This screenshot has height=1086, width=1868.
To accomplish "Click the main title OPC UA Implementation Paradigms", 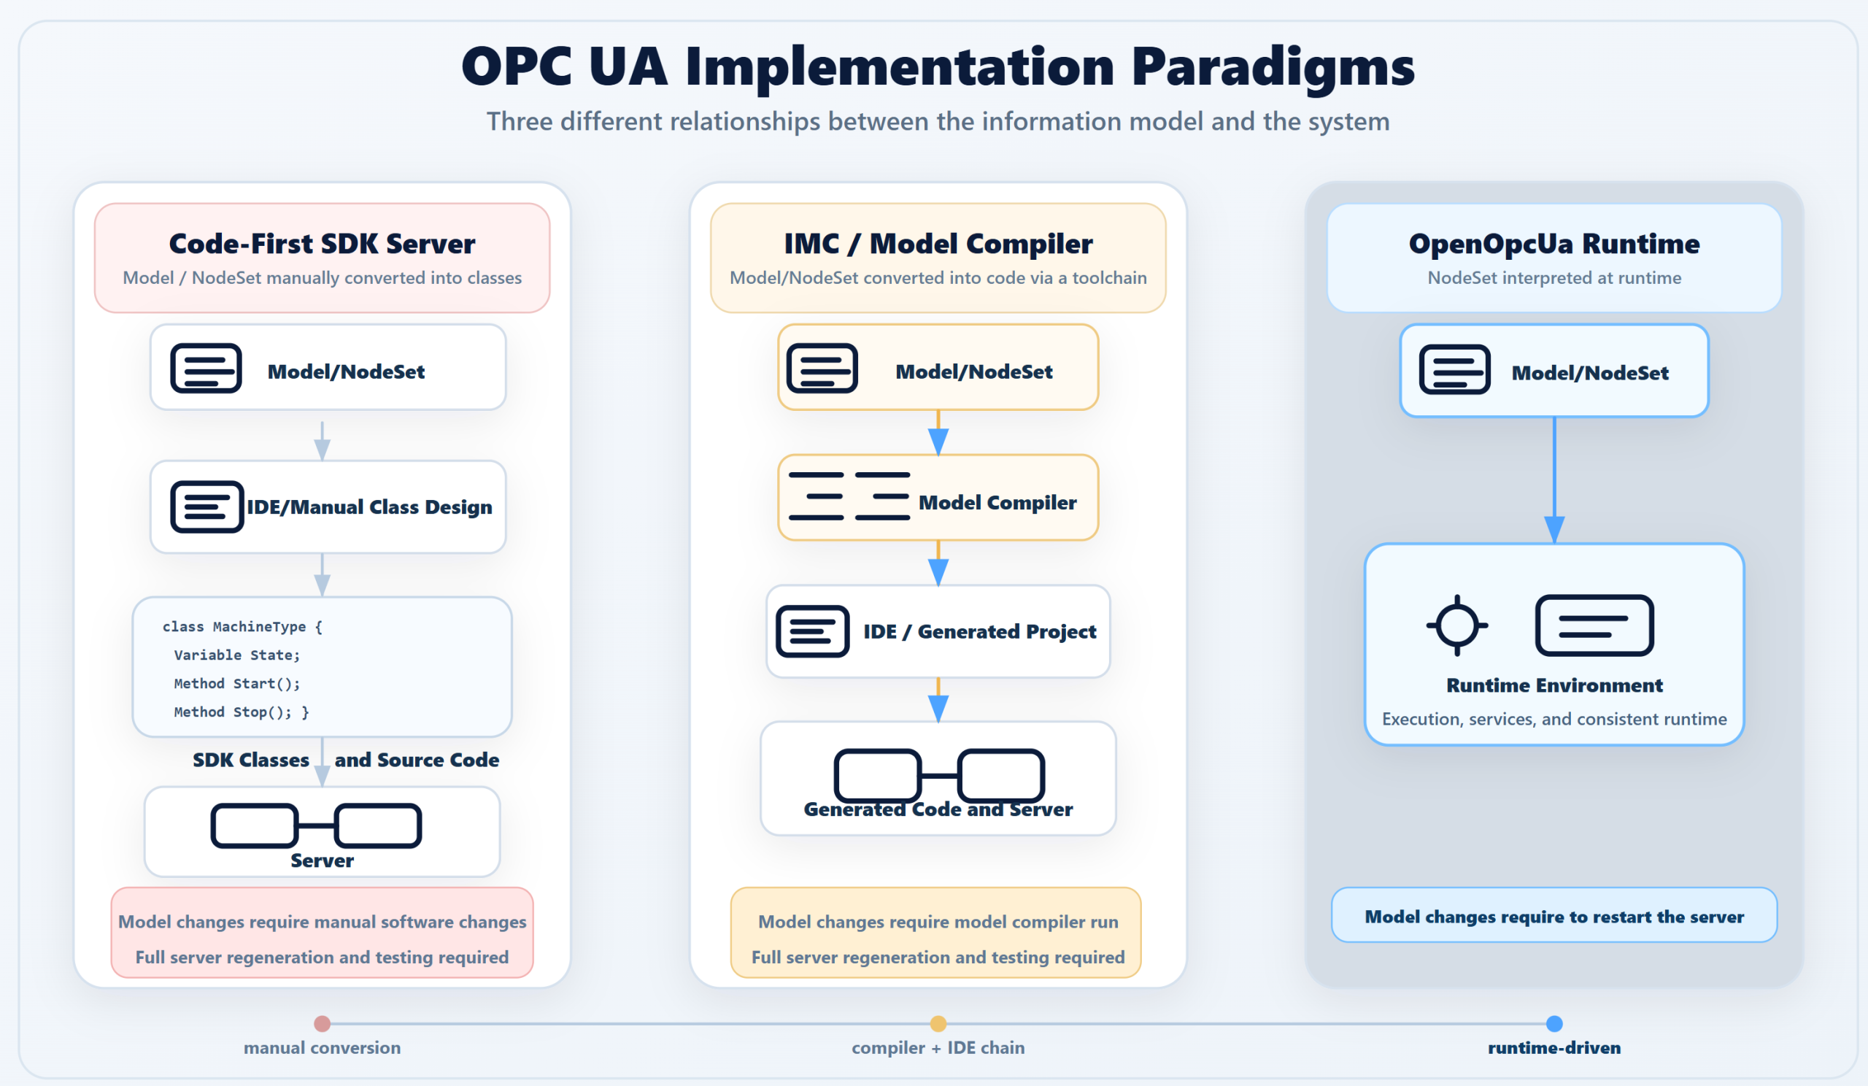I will pyautogui.click(x=938, y=66).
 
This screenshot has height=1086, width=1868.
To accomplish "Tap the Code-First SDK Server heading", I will pyautogui.click(x=322, y=244).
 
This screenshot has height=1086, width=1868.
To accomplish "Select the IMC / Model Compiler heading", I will pyautogui.click(x=938, y=244).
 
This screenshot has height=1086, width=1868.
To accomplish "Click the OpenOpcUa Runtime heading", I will pyautogui.click(x=1554, y=244).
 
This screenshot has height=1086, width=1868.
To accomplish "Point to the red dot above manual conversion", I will pyautogui.click(x=322, y=1024).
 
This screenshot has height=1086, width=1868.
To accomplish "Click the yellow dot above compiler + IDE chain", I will pyautogui.click(x=938, y=1024).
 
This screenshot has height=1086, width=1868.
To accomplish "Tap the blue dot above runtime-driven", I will pyautogui.click(x=1554, y=1024).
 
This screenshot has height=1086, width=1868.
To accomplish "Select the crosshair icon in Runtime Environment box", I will pyautogui.click(x=1456, y=625).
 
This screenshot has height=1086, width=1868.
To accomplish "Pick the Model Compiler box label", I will pyautogui.click(x=997, y=503).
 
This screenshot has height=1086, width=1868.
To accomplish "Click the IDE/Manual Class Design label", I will pyautogui.click(x=369, y=507).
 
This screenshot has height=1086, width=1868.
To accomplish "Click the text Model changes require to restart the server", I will pyautogui.click(x=1554, y=917).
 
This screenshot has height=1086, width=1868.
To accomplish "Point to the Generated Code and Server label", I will pyautogui.click(x=938, y=809).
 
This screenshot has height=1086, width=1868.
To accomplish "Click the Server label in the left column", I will pyautogui.click(x=322, y=860).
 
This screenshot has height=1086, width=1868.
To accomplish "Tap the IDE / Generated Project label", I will pyautogui.click(x=979, y=631).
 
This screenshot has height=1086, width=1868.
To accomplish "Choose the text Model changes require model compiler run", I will pyautogui.click(x=938, y=922).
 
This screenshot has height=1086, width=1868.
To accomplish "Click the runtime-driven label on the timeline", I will pyautogui.click(x=1554, y=1047).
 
